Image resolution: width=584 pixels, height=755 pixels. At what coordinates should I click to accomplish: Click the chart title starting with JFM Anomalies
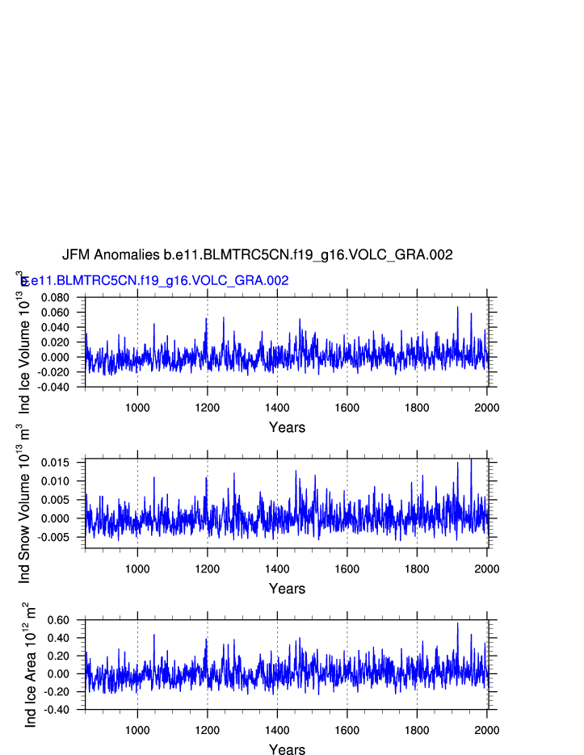257,255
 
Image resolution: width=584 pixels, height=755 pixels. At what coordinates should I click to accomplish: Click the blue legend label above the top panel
155,281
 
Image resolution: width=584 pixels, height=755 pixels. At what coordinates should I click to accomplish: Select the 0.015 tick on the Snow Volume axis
61,463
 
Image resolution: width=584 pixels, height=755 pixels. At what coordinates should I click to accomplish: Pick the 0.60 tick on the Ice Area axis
65,620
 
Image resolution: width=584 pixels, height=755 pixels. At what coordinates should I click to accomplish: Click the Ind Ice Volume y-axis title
23,342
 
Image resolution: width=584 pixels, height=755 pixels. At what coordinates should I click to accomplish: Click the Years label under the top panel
287,427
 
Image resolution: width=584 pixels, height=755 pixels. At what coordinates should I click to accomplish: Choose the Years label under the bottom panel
287,750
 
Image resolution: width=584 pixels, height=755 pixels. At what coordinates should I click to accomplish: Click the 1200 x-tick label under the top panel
208,407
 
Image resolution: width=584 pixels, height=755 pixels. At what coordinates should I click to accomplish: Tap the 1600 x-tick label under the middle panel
347,568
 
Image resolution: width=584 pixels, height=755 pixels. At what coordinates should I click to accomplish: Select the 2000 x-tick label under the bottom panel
486,730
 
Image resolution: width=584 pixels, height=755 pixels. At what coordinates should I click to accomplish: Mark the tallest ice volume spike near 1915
457,308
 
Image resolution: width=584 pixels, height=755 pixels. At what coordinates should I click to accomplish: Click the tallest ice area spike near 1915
457,623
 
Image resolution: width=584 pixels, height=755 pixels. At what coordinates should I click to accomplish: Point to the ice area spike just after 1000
153,635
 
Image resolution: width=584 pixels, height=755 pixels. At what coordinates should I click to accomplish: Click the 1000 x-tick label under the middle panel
137,568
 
